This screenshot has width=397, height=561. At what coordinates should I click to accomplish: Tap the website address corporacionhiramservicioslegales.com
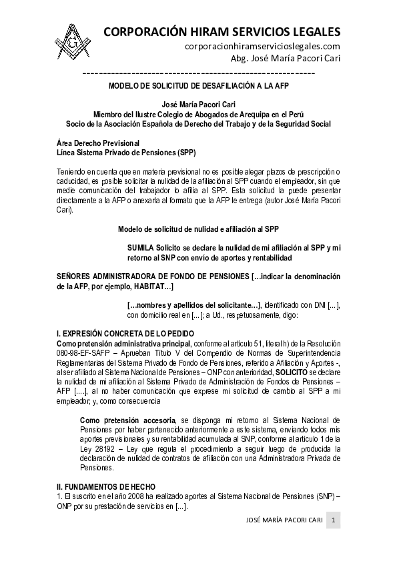[262, 46]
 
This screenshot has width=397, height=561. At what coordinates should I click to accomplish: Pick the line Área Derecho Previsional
[98, 143]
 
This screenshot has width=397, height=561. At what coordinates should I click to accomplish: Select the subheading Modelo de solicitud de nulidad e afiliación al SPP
[198, 229]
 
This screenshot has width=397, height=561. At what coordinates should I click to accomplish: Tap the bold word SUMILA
[140, 248]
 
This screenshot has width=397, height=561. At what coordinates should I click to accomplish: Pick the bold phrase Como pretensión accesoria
[127, 420]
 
